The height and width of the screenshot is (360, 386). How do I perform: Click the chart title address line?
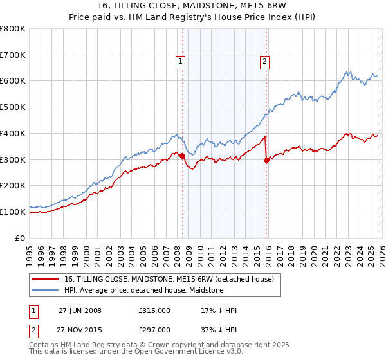[193, 6]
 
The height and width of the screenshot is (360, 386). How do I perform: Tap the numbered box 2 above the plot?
[264, 62]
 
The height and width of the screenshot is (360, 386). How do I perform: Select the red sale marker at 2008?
[182, 155]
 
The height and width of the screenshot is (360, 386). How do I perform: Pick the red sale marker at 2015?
[266, 160]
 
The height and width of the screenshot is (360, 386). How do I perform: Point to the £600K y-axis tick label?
[13, 81]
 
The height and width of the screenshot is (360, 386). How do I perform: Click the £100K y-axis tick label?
[13, 212]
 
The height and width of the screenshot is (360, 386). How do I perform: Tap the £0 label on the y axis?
[21, 238]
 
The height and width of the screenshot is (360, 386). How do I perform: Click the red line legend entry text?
[169, 279]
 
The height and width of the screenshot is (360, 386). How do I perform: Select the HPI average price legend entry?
[143, 290]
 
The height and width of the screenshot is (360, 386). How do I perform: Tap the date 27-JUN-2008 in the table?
[80, 310]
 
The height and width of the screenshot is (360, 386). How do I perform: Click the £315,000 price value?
[154, 310]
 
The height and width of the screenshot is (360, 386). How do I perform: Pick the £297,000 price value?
[154, 329]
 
